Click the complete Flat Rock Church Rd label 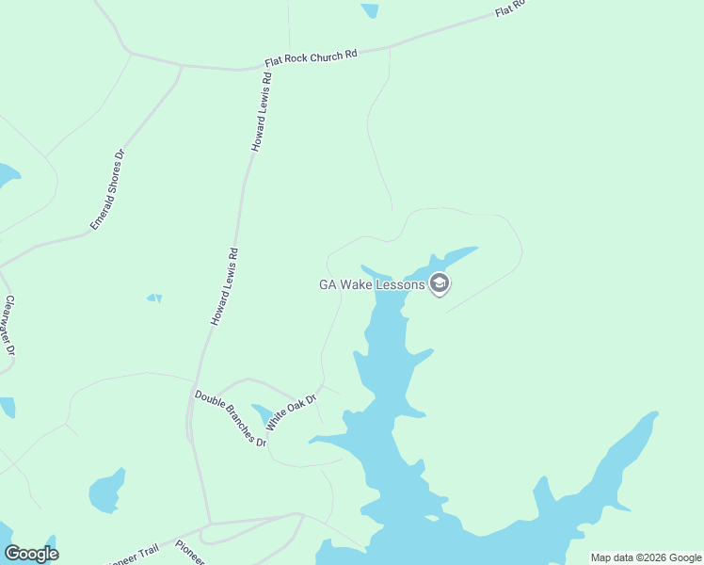pos(312,57)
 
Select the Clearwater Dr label pos(10,326)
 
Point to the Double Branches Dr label pos(231,417)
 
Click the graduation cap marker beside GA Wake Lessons pos(439,282)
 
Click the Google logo pos(31,554)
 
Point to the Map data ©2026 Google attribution pos(646,557)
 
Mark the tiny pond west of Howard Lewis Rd pos(154,299)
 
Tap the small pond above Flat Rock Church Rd pos(370,9)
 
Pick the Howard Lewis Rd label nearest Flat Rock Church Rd pos(261,114)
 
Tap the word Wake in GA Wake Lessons pos(362,283)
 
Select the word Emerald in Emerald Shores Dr pos(99,211)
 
